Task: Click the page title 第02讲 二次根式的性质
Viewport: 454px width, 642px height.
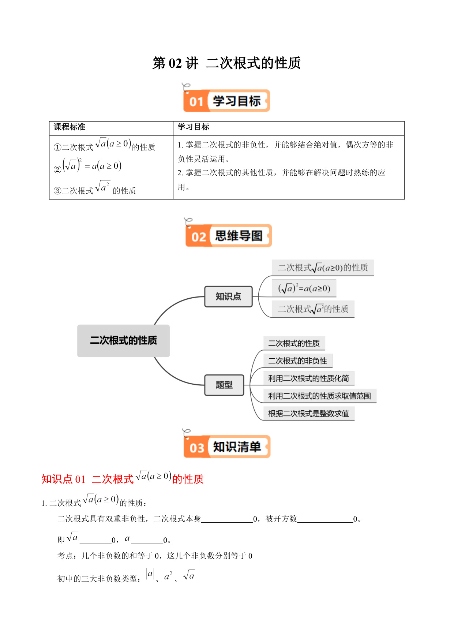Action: coord(226,63)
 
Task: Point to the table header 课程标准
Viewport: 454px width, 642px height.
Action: coord(70,127)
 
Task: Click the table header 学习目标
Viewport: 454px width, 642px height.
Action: coord(194,127)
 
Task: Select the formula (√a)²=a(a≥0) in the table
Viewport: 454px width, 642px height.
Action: coord(88,166)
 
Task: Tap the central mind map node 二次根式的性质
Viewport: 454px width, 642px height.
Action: coord(124,340)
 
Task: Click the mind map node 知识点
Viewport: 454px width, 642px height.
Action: coord(228,296)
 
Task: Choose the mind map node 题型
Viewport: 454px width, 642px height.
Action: coord(224,385)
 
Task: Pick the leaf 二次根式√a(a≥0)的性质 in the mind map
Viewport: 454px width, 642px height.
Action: coord(323,268)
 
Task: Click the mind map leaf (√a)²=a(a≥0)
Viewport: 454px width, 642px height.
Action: coord(304,288)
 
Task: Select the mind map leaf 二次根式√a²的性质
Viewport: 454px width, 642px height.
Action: coord(313,309)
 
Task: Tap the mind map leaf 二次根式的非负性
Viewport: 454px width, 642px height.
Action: coord(298,361)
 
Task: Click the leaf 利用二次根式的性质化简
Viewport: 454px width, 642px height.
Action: coord(309,378)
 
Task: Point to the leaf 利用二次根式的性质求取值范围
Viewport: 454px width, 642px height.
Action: coord(320,396)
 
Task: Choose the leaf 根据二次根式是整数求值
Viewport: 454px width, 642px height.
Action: coord(309,414)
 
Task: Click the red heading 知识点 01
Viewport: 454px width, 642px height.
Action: coord(63,479)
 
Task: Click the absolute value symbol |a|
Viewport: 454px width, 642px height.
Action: coord(150,574)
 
